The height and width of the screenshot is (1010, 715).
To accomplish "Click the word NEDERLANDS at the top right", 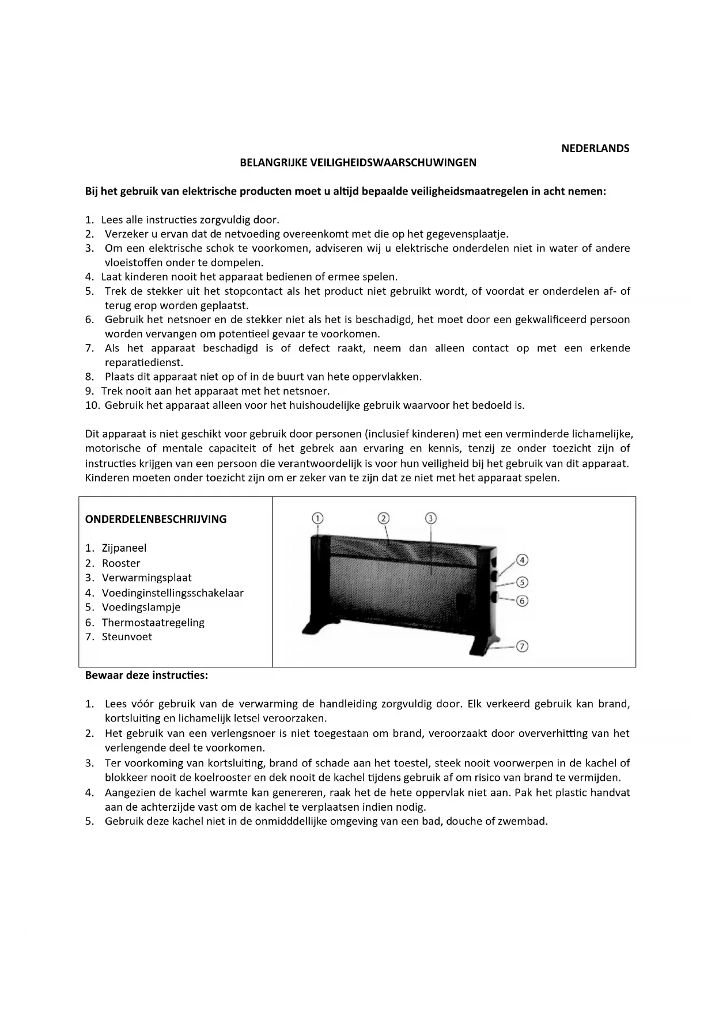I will pos(595,149).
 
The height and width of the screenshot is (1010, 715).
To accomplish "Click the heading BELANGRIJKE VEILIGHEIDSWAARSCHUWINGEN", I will pos(358,162).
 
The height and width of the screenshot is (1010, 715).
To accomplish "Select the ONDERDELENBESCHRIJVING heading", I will pos(156,519).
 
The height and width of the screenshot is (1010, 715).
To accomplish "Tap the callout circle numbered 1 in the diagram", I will pos(317,518).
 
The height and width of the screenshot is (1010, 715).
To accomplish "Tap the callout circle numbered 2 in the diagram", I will pos(384,518).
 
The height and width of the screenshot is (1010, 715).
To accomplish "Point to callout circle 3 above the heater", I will pos(430,518).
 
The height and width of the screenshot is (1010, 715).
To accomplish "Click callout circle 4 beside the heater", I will pos(521,560).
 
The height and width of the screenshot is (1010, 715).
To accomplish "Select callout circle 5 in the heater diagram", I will pos(522,582).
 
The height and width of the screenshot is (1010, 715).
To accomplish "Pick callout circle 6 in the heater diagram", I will pos(522,601).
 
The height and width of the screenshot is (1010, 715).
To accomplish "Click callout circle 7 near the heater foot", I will pos(522,646).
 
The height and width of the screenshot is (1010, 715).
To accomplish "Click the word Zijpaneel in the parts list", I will pos(124,548).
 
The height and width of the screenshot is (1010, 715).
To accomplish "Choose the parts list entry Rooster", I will pos(121,563).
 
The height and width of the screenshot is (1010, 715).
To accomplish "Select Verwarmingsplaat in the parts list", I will pos(146,578).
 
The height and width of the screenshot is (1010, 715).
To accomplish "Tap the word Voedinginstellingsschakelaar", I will pos(172,593).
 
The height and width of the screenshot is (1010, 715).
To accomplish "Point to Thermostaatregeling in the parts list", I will pos(153,622).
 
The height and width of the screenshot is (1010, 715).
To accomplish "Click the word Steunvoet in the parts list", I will pos(127,637).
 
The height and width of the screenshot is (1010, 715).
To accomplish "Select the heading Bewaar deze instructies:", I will pos(146,675).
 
